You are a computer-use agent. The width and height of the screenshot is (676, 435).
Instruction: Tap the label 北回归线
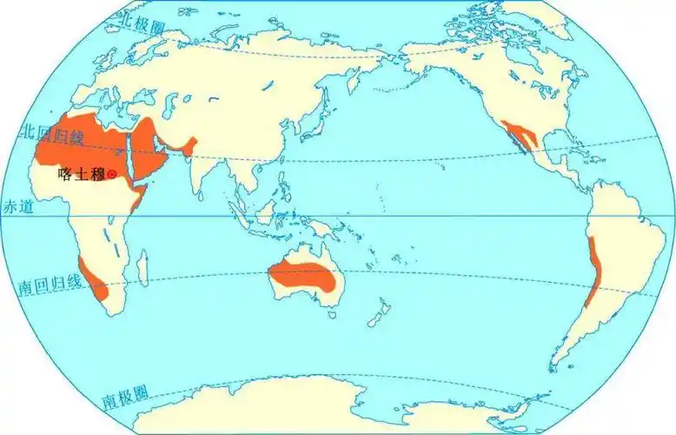click(x=41, y=132)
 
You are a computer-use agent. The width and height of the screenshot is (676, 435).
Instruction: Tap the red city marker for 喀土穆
click(x=111, y=174)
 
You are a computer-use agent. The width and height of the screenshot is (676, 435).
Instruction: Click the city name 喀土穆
click(x=81, y=174)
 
